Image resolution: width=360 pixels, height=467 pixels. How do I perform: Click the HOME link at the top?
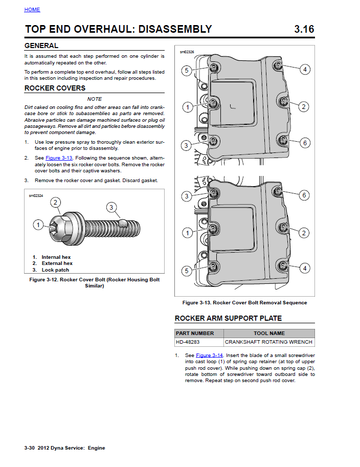pyautogui.click(x=32, y=10)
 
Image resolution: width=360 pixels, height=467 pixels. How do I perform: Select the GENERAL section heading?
pyautogui.click(x=41, y=46)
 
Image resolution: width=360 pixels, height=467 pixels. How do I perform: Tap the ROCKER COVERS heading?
pyautogui.click(x=55, y=88)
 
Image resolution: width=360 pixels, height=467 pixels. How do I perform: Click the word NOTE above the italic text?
pyautogui.click(x=95, y=99)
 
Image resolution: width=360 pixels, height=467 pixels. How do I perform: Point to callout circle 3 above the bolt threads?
pyautogui.click(x=111, y=207)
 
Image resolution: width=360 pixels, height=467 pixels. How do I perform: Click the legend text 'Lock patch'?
pyautogui.click(x=55, y=270)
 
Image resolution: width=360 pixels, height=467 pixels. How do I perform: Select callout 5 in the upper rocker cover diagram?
pyautogui.click(x=187, y=71)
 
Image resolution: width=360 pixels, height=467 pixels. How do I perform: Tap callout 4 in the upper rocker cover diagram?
pyautogui.click(x=305, y=69)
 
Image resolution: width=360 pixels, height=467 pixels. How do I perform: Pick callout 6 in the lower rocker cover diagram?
pyautogui.click(x=304, y=195)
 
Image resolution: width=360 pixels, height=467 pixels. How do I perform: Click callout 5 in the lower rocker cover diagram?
pyautogui.click(x=187, y=270)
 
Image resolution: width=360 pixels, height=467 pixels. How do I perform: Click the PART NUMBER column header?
pyautogui.click(x=195, y=333)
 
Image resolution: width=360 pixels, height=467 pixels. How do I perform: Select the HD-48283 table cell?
pyautogui.click(x=188, y=342)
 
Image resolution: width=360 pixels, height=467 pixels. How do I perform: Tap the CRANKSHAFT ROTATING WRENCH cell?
pyautogui.click(x=268, y=342)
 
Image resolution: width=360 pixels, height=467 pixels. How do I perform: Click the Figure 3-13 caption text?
pyautogui.click(x=244, y=302)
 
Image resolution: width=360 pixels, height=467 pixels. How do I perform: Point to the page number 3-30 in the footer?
pyautogui.click(x=29, y=448)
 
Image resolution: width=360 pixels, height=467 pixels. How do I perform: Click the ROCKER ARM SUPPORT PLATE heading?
pyautogui.click(x=228, y=318)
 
